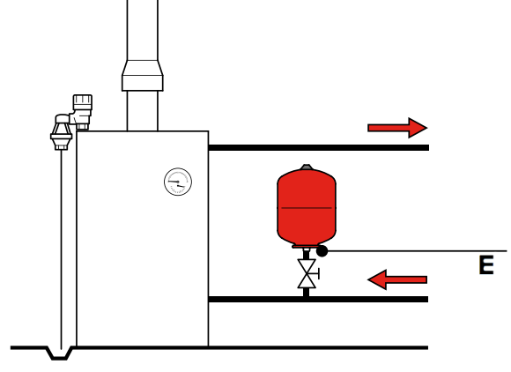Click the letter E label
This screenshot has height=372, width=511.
click(x=486, y=265)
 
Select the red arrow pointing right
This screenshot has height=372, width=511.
click(x=397, y=128)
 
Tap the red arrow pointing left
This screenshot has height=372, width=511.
click(x=397, y=279)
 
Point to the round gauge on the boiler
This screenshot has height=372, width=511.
click(x=178, y=182)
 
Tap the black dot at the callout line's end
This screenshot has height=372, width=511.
click(x=322, y=251)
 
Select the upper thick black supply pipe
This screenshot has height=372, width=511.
click(x=319, y=148)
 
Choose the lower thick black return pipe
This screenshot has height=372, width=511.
click(x=318, y=300)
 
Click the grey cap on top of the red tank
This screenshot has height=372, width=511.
click(x=307, y=167)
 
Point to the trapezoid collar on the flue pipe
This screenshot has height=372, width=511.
click(x=143, y=76)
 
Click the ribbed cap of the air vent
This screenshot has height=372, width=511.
click(x=83, y=102)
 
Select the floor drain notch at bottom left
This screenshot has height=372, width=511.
click(x=60, y=353)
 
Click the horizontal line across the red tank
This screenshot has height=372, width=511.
click(x=307, y=208)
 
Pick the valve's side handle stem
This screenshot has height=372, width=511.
click(x=317, y=274)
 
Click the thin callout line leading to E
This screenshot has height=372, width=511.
click(x=418, y=251)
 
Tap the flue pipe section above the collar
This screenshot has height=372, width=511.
click(x=143, y=30)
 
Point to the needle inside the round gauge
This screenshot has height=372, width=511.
click(x=176, y=183)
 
